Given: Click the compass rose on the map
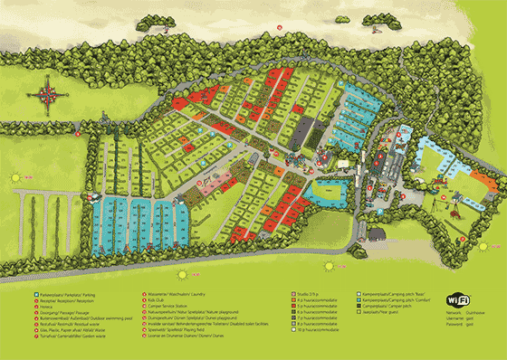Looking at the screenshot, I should click(x=46, y=92).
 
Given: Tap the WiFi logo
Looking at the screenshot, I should click(x=458, y=301).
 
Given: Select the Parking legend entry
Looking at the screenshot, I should click(x=54, y=294).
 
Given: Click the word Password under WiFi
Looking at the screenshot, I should click(x=456, y=326).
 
